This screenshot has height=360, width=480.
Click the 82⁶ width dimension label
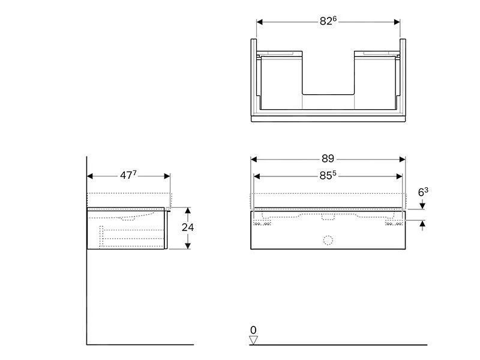pyautogui.click(x=328, y=21)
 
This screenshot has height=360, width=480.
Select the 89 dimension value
pyautogui.click(x=328, y=159)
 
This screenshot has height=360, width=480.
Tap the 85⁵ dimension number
pyautogui.click(x=328, y=176)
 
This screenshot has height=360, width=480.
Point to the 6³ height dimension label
pyautogui.click(x=423, y=193)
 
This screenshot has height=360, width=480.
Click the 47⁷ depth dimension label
pyautogui.click(x=128, y=176)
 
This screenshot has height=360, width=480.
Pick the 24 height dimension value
pyautogui.click(x=188, y=228)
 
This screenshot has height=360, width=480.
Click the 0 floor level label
pyautogui.click(x=253, y=330)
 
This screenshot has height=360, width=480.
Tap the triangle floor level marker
pyautogui.click(x=253, y=340)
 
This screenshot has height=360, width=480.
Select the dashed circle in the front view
pyautogui.click(x=328, y=241)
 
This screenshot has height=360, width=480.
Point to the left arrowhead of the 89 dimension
pyautogui.click(x=254, y=160)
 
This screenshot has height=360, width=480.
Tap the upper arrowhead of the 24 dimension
pyautogui.click(x=188, y=211)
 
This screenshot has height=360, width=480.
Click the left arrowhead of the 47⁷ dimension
pyautogui.click(x=91, y=176)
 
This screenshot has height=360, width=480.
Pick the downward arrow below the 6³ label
pyautogui.click(x=423, y=205)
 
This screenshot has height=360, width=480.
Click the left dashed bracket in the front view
pyautogui.click(x=262, y=222)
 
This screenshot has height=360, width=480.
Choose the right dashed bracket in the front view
pyautogui.click(x=394, y=222)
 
